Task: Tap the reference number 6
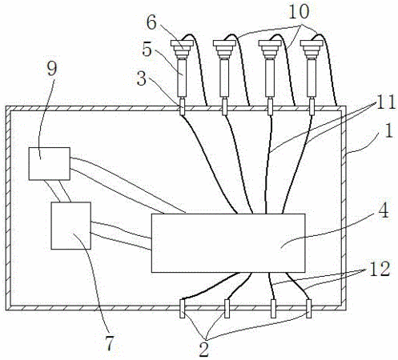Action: coord(151,22)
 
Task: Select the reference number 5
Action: coord(147,49)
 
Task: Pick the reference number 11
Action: coord(385,102)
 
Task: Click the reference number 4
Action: coord(384,210)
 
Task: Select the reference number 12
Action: coord(380,269)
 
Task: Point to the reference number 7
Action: coord(110,343)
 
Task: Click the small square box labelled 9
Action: coord(50,164)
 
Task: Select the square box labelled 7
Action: coord(70,226)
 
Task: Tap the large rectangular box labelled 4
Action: coord(228,243)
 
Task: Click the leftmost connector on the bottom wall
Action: coord(183,309)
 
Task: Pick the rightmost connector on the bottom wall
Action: coord(309,309)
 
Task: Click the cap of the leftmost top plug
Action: coord(183,43)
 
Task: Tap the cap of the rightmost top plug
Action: coord(312,43)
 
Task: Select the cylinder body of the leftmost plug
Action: coord(182,78)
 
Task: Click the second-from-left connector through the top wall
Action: coord(224,106)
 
